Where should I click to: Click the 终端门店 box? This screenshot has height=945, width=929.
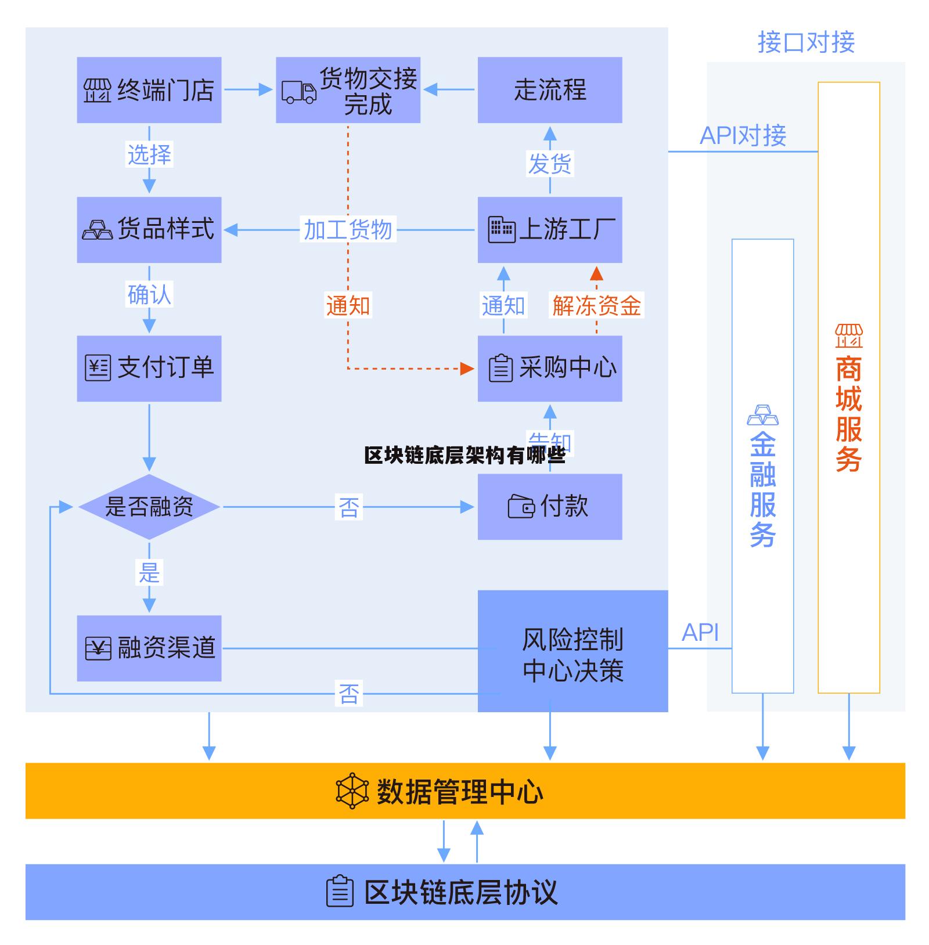click(149, 90)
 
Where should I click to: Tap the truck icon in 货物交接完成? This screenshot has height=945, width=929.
click(298, 92)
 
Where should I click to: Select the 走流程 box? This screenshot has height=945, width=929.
click(549, 90)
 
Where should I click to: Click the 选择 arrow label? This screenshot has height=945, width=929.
click(149, 154)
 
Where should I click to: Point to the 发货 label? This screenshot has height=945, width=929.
click(549, 163)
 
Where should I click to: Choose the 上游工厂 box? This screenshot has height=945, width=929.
click(549, 230)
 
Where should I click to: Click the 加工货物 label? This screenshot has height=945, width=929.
click(348, 230)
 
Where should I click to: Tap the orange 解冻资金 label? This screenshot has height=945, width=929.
click(596, 305)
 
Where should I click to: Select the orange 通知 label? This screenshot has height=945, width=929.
click(348, 305)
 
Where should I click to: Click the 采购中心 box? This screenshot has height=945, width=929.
click(549, 368)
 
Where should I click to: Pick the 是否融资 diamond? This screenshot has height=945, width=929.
click(149, 507)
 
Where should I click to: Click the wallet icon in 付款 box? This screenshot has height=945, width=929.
click(521, 507)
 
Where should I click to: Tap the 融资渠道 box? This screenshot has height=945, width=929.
click(149, 648)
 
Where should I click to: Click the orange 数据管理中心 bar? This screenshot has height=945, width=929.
click(464, 791)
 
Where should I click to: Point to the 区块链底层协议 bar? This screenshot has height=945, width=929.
click(464, 892)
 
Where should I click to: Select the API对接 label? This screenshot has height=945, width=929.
click(743, 136)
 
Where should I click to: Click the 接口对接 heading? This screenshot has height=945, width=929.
click(806, 43)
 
